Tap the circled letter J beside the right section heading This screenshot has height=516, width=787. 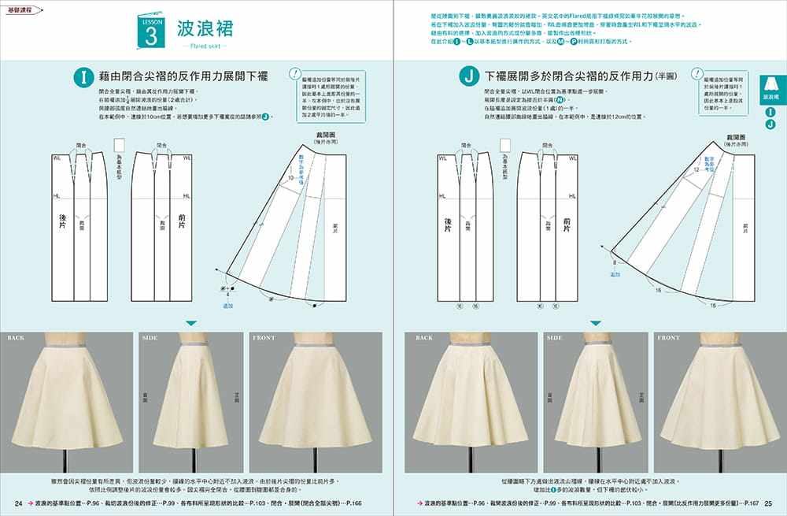pyautogui.click(x=469, y=77)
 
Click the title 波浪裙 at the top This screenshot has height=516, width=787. pyautogui.click(x=205, y=30)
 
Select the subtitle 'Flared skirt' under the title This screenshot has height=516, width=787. pyautogui.click(x=204, y=47)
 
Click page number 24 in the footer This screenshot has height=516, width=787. pyautogui.click(x=18, y=503)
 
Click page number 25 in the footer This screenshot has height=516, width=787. pyautogui.click(x=769, y=503)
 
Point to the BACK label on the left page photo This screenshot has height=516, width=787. pyautogui.click(x=17, y=338)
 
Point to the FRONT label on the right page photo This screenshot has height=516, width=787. pyautogui.click(x=668, y=338)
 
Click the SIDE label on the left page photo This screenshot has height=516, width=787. pyautogui.click(x=150, y=338)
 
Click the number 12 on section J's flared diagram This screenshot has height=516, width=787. pyautogui.click(x=696, y=169)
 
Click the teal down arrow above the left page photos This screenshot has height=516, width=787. pyautogui.click(x=190, y=323)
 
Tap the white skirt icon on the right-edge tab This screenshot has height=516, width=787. pyautogui.click(x=770, y=84)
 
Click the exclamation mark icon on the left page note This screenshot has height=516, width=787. pyautogui.click(x=295, y=72)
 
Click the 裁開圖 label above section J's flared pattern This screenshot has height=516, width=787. pyautogui.click(x=737, y=136)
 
